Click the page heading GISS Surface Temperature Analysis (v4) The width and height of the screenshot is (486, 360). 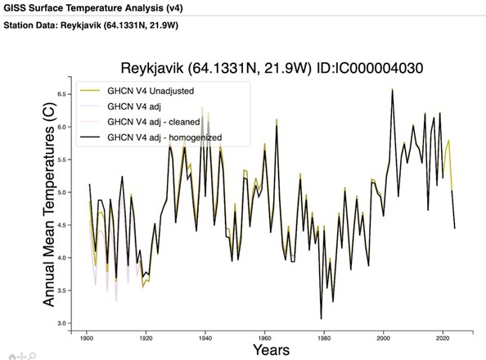(93, 7)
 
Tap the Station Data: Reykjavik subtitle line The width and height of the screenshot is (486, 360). (91, 25)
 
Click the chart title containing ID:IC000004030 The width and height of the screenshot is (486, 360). (272, 68)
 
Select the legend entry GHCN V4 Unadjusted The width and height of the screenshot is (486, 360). (151, 91)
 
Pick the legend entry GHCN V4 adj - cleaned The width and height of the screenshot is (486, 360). (154, 122)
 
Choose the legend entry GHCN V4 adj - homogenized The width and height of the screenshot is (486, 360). (164, 137)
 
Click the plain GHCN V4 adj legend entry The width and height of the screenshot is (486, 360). (134, 106)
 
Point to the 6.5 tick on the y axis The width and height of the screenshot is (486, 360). (62, 94)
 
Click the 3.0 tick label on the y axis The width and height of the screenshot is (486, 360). (62, 323)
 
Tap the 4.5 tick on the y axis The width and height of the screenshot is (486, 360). (62, 225)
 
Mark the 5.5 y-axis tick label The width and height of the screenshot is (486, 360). (62, 160)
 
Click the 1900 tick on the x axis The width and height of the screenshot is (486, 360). (87, 338)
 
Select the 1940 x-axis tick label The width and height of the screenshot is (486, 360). (205, 338)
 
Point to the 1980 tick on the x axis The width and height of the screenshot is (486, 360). (324, 338)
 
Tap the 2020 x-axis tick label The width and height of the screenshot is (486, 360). (443, 338)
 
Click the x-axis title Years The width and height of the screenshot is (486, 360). (271, 349)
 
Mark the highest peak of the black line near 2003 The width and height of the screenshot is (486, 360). (393, 90)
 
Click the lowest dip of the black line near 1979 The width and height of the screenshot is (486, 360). (321, 318)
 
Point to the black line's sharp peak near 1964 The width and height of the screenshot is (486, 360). (277, 126)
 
